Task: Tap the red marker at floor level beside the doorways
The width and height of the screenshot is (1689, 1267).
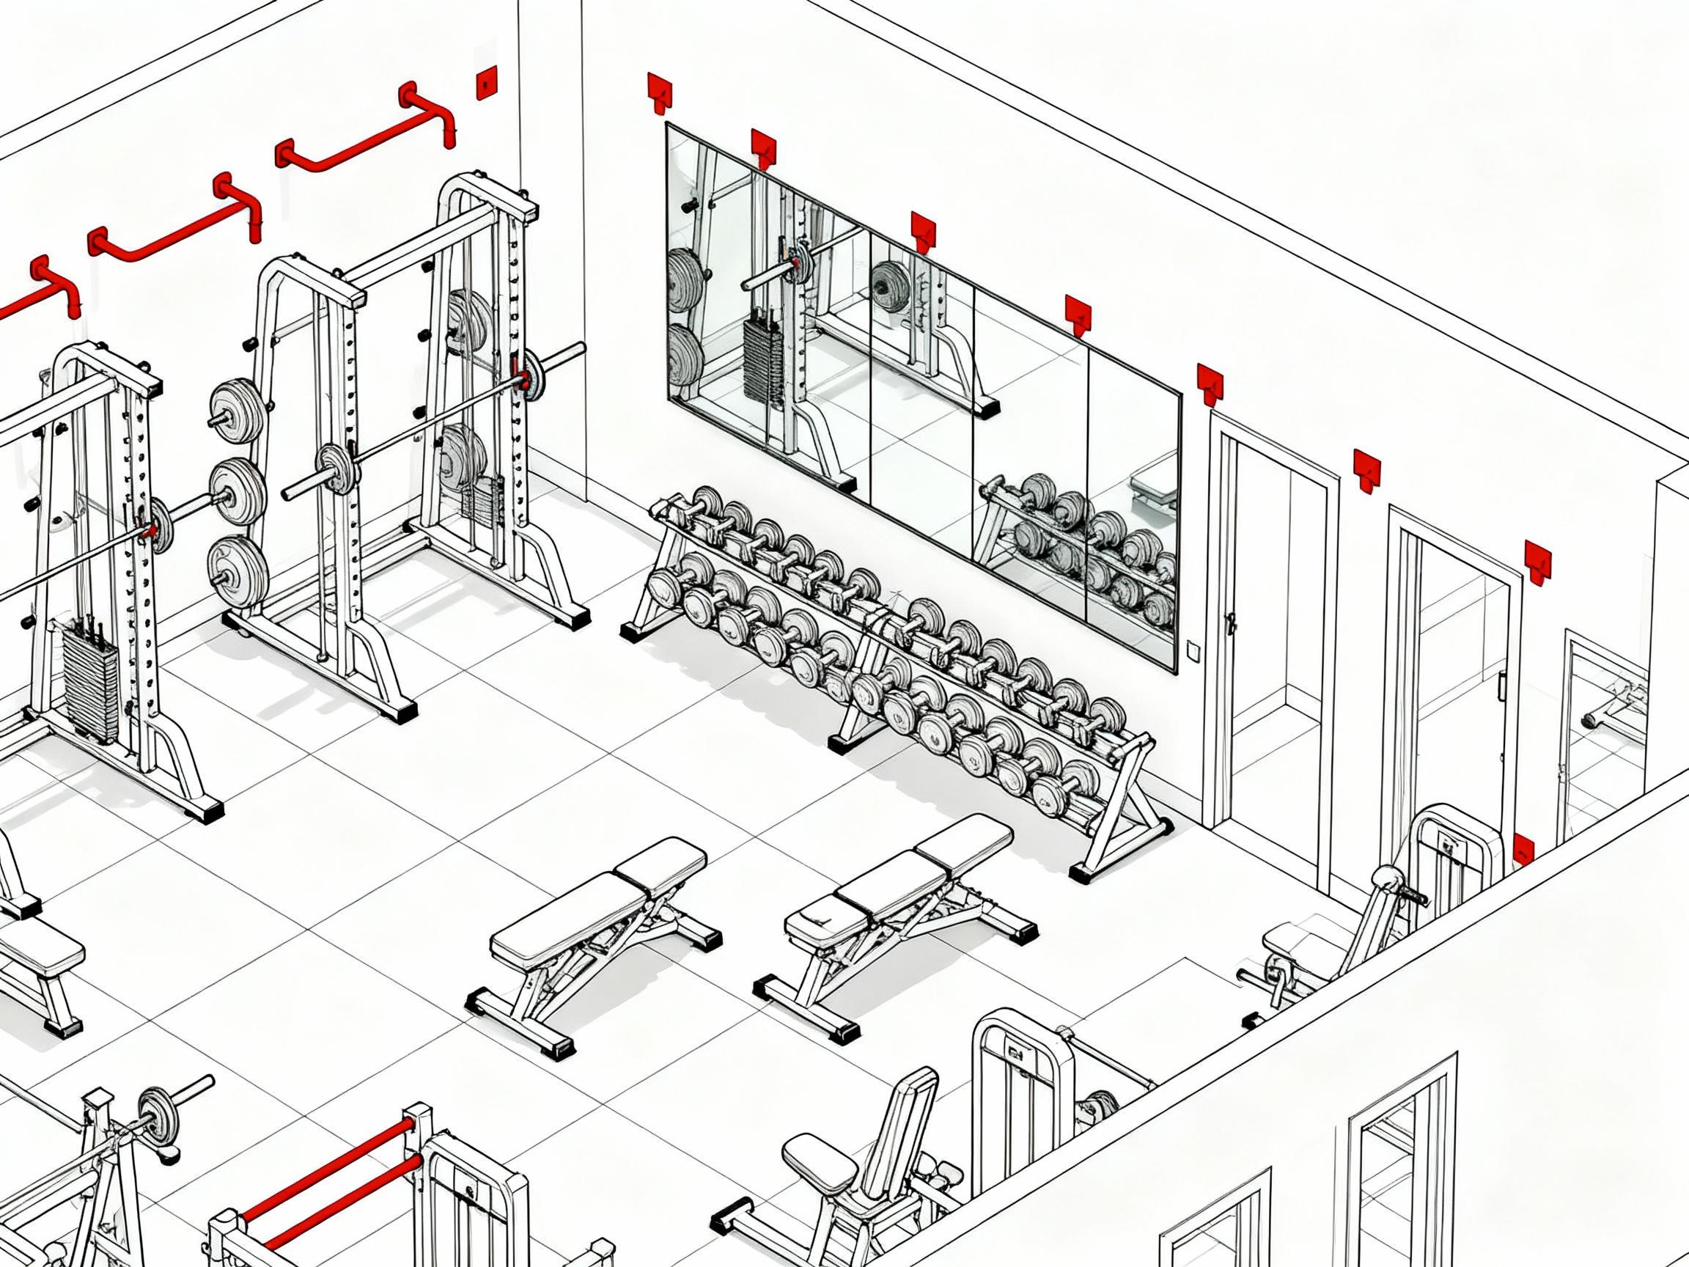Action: click(1523, 850)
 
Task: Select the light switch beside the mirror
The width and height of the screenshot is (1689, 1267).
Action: click(1193, 649)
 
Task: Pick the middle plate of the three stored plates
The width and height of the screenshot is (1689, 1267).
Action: click(238, 491)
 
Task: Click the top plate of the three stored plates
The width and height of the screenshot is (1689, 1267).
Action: click(238, 411)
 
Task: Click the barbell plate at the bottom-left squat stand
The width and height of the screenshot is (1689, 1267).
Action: click(158, 1116)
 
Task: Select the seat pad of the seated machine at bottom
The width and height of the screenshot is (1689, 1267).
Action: click(820, 1162)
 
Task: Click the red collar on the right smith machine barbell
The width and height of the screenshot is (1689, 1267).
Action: click(524, 380)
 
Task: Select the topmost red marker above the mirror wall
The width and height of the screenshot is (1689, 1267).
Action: click(659, 90)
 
